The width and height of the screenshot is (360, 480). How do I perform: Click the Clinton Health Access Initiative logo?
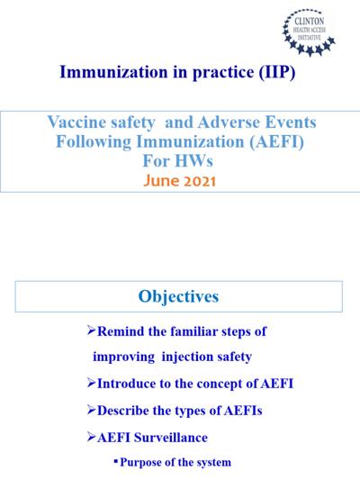click(x=309, y=32)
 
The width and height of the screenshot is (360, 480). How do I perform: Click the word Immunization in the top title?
click(x=113, y=72)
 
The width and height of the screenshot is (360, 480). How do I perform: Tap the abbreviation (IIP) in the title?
click(x=277, y=72)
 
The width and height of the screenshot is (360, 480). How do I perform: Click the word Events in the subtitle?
click(x=291, y=122)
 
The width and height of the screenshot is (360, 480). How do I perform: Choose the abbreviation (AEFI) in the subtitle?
click(x=276, y=141)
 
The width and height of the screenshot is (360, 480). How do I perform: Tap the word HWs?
click(x=193, y=160)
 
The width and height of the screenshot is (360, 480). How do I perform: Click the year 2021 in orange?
click(x=201, y=181)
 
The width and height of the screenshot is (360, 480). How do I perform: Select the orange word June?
click(x=162, y=181)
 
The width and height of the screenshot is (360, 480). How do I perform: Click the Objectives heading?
click(x=178, y=296)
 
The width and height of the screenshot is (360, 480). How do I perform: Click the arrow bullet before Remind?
click(x=91, y=331)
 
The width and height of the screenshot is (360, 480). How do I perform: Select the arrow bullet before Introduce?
click(x=91, y=383)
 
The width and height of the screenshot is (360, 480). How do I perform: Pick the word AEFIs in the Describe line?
click(x=243, y=411)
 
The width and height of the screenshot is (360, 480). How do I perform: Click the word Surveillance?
click(x=171, y=438)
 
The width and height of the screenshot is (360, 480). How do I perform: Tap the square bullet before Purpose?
click(x=115, y=460)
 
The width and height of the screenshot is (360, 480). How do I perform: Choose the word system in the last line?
click(x=213, y=463)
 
